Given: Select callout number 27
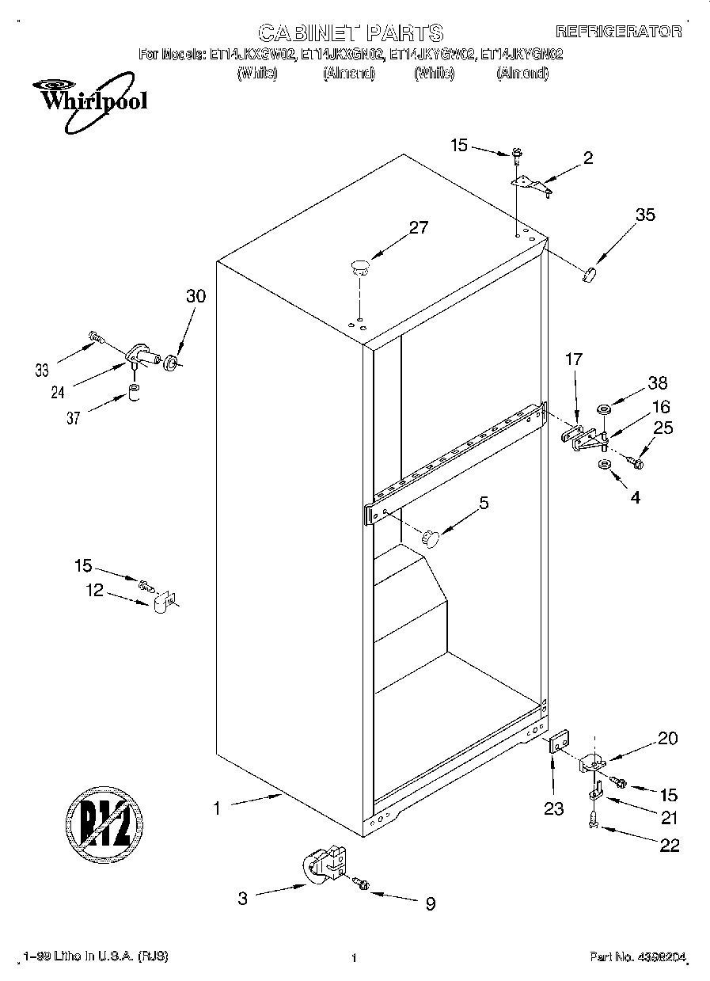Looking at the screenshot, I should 418,228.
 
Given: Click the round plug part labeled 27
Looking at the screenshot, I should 360,266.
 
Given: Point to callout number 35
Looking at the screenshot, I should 645,214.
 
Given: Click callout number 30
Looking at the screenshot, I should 195,296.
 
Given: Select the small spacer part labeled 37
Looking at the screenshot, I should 135,393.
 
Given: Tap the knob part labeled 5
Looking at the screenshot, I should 431,538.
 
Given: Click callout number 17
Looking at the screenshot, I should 573,360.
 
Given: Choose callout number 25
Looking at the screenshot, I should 663,428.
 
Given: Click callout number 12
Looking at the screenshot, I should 95,590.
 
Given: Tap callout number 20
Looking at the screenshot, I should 668,739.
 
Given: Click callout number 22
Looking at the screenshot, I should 669,846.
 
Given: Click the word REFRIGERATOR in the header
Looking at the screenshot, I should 618,32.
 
